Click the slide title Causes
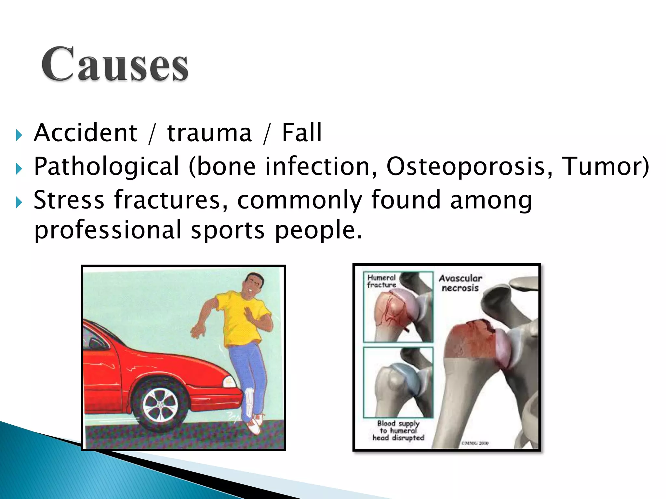coord(115,64)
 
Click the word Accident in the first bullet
coord(86,133)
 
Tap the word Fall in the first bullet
coord(301,133)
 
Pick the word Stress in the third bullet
coord(69,200)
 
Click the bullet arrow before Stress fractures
coord(19,203)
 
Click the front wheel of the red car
coord(160,405)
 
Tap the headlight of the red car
coord(229,381)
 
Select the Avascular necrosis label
coord(460,283)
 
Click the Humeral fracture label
coord(381,281)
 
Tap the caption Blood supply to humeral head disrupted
coord(398,430)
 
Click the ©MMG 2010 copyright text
coord(475,443)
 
